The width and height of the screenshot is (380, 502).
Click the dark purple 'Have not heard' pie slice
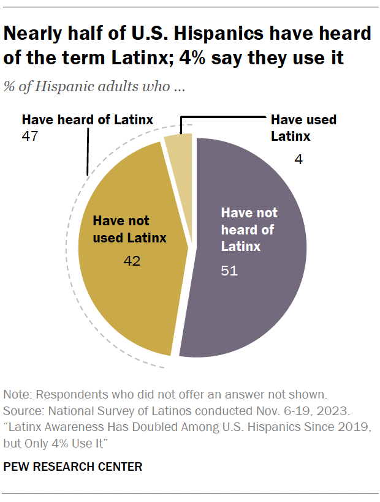coord(257,306)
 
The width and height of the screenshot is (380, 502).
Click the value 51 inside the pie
coord(229,270)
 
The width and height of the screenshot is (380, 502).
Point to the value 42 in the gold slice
coord(132,261)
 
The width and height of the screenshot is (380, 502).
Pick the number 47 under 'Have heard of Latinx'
coord(30,136)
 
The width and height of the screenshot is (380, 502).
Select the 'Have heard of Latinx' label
coord(87,119)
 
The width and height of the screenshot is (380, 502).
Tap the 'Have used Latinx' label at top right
coord(303,127)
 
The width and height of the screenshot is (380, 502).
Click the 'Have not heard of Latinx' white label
coord(249,230)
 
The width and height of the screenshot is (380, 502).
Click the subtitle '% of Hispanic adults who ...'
coord(94,86)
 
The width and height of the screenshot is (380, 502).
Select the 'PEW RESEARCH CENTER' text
coord(73,467)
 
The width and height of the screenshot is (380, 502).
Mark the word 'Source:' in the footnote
coord(23,410)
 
